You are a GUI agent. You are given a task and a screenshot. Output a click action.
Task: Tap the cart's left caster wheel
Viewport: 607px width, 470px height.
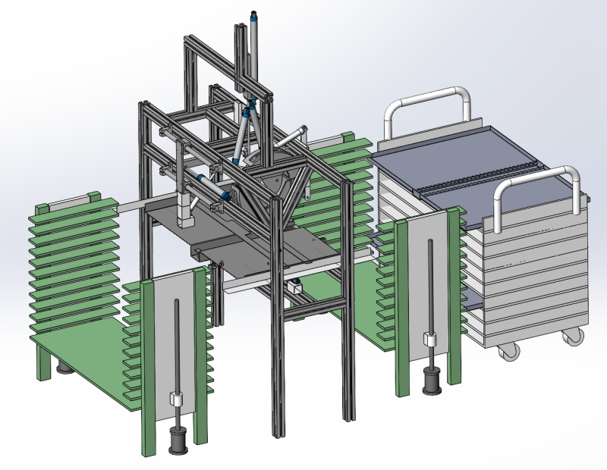[505, 349]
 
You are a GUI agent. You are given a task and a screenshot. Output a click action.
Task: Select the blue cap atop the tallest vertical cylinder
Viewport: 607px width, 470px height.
[253, 16]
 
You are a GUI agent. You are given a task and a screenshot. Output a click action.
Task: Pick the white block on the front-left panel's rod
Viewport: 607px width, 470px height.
[178, 400]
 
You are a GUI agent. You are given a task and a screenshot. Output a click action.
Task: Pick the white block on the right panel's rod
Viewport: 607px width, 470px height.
[430, 339]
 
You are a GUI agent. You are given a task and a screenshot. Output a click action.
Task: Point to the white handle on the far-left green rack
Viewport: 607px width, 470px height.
[73, 199]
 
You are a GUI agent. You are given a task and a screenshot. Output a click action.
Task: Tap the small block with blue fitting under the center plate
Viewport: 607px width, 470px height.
[294, 287]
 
